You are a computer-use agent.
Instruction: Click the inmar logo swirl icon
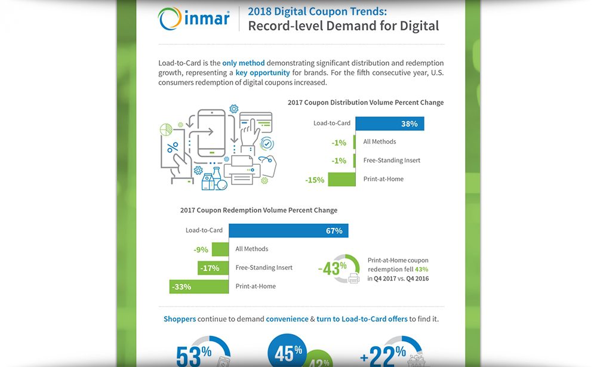click(170, 19)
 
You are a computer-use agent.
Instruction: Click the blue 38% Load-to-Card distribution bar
click(389, 124)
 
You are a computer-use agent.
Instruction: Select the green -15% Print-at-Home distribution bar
click(341, 179)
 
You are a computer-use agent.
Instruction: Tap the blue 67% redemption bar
click(288, 230)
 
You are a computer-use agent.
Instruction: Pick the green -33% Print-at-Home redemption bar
click(199, 286)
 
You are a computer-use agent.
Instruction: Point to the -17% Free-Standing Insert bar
click(213, 268)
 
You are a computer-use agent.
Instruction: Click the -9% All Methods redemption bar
click(220, 249)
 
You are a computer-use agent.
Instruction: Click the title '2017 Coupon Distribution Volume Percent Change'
click(365, 103)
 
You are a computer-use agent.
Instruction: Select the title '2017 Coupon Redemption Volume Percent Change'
click(259, 210)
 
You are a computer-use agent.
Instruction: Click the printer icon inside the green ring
click(353, 277)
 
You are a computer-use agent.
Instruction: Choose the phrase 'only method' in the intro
click(243, 63)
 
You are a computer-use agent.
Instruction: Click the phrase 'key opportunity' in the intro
click(263, 73)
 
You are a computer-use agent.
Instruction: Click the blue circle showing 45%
click(288, 353)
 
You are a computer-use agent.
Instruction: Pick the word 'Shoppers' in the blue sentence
click(180, 319)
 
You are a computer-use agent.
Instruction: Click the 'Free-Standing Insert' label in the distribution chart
click(392, 161)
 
